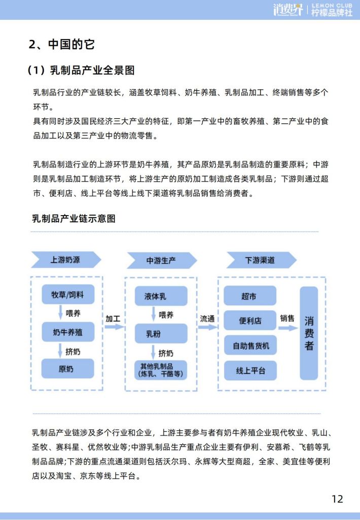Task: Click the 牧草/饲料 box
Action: pyautogui.click(x=68, y=294)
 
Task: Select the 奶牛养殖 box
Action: pyautogui.click(x=68, y=332)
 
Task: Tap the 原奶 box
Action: pyautogui.click(x=67, y=368)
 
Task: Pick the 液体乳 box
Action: pyautogui.click(x=161, y=296)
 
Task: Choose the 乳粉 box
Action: pyautogui.click(x=161, y=334)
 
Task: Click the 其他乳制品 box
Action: pyautogui.click(x=161, y=370)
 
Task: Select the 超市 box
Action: pyautogui.click(x=250, y=296)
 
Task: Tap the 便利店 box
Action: pyautogui.click(x=250, y=320)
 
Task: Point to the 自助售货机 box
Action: pyautogui.click(x=250, y=345)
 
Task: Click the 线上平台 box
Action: pyautogui.click(x=250, y=370)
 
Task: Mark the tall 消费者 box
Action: pyautogui.click(x=309, y=333)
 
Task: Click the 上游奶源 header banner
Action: pyautogui.click(x=66, y=260)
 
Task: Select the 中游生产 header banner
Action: pyautogui.click(x=162, y=260)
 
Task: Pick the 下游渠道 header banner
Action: pyautogui.click(x=261, y=260)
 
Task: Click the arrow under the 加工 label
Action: pyautogui.click(x=115, y=327)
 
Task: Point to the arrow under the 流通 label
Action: pyautogui.click(x=208, y=327)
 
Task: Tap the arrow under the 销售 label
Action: pyautogui.click(x=287, y=328)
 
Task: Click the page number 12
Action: pyautogui.click(x=338, y=499)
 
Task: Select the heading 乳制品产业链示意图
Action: pyautogui.click(x=74, y=219)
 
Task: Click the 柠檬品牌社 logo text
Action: pyautogui.click(x=332, y=13)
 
